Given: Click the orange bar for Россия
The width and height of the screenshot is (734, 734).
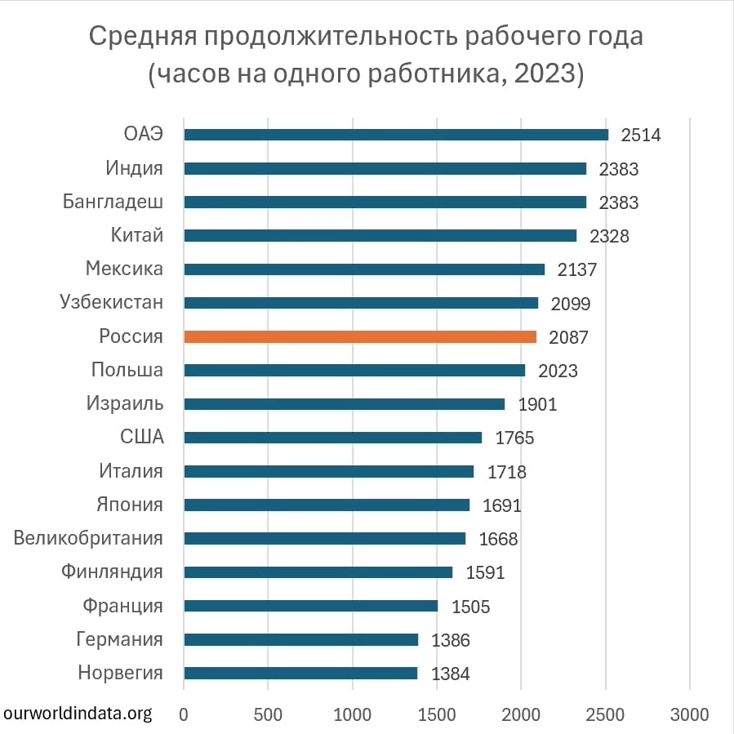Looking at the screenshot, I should (360, 336).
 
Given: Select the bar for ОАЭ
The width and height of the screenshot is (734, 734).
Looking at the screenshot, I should (396, 135).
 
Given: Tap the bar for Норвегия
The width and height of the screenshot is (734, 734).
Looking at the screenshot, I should (300, 674).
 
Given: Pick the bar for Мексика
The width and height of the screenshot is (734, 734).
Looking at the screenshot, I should (364, 269).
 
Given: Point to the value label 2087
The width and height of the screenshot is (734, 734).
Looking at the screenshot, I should (568, 337).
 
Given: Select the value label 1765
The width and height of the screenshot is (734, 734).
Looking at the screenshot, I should (514, 438).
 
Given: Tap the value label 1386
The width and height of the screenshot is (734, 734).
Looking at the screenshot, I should (450, 640).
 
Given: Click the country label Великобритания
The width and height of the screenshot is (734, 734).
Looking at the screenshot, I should (88, 538).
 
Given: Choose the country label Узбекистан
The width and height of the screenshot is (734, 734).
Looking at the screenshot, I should (111, 302).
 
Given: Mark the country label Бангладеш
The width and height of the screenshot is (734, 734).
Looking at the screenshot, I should (113, 202).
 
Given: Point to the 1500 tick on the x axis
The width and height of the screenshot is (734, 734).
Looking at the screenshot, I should (437, 714).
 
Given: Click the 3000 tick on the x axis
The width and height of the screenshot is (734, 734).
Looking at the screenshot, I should (690, 714).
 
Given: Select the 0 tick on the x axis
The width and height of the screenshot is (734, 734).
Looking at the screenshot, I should (185, 714).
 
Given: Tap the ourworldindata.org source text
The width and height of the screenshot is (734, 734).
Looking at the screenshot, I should (78, 714).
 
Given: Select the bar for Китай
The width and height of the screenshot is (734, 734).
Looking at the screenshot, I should (380, 236).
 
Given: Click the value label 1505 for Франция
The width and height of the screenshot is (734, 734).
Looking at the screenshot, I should (469, 607).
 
